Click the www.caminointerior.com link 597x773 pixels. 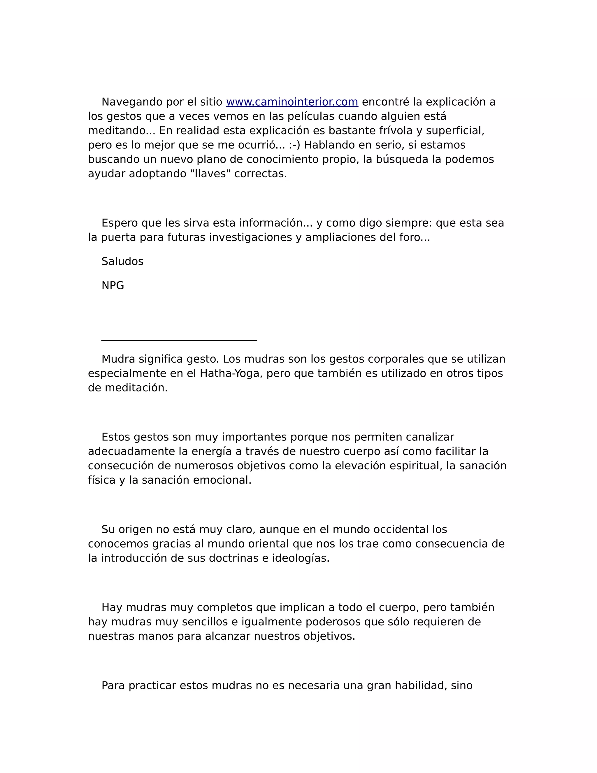click(292, 102)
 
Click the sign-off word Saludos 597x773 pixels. click(122, 262)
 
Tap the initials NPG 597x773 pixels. click(113, 286)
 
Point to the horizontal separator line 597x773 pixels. click(179, 340)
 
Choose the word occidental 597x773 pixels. click(401, 529)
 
